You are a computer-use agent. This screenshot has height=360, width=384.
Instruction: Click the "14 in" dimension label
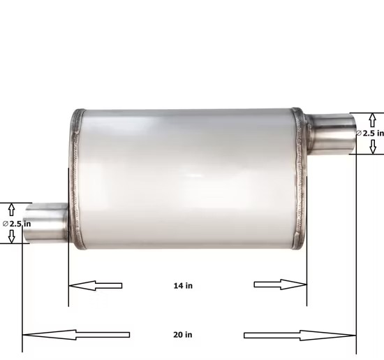pyautogui.click(x=183, y=285)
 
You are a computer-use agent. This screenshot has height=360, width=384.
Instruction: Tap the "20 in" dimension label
pyautogui.click(x=183, y=335)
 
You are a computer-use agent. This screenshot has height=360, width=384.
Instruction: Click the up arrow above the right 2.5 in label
pyautogui.click(x=373, y=120)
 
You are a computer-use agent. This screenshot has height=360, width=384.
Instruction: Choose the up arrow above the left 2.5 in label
pyautogui.click(x=11, y=209)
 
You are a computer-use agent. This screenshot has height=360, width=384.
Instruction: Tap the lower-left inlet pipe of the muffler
pyautogui.click(x=47, y=223)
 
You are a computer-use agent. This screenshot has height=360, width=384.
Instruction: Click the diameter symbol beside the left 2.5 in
pyautogui.click(x=5, y=224)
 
